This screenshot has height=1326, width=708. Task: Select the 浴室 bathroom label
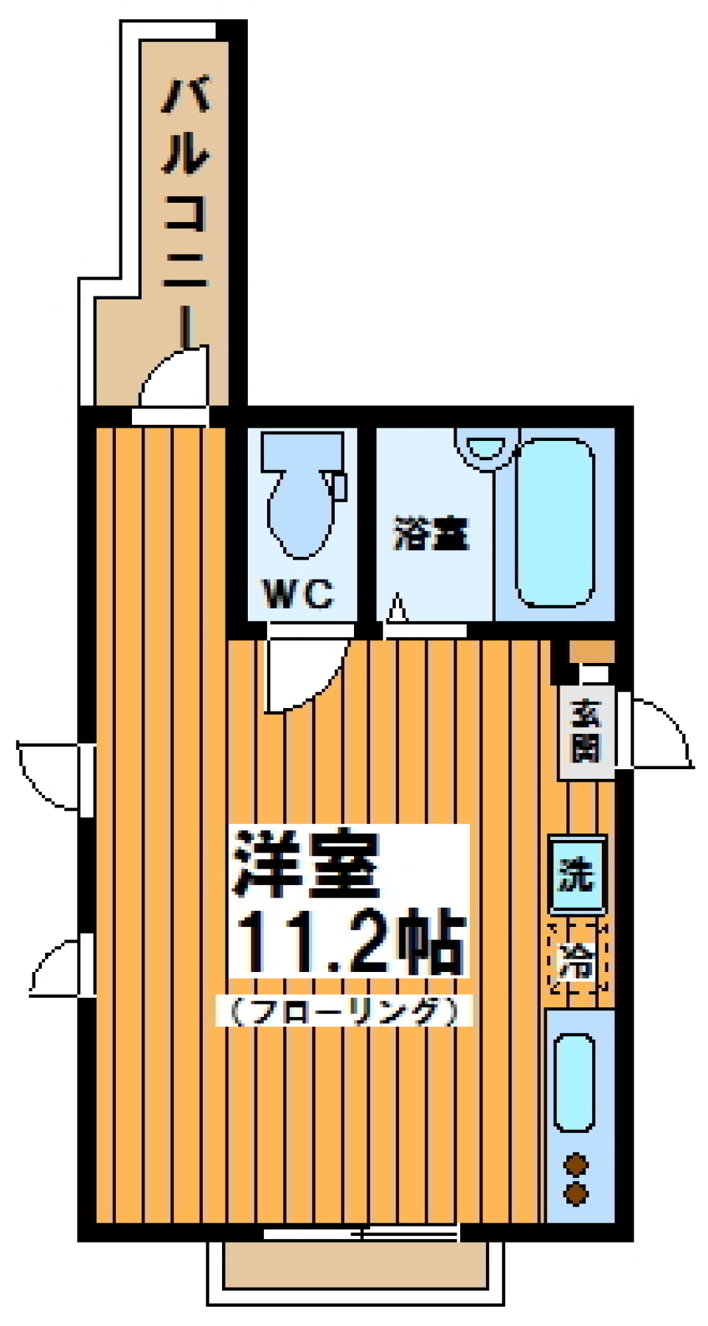tap(431, 534)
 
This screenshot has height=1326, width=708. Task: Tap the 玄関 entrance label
tap(586, 731)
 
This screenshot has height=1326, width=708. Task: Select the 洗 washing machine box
tap(577, 874)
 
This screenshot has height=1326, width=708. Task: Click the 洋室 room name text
tap(306, 863)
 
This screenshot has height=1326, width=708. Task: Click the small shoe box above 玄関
tap(590, 650)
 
